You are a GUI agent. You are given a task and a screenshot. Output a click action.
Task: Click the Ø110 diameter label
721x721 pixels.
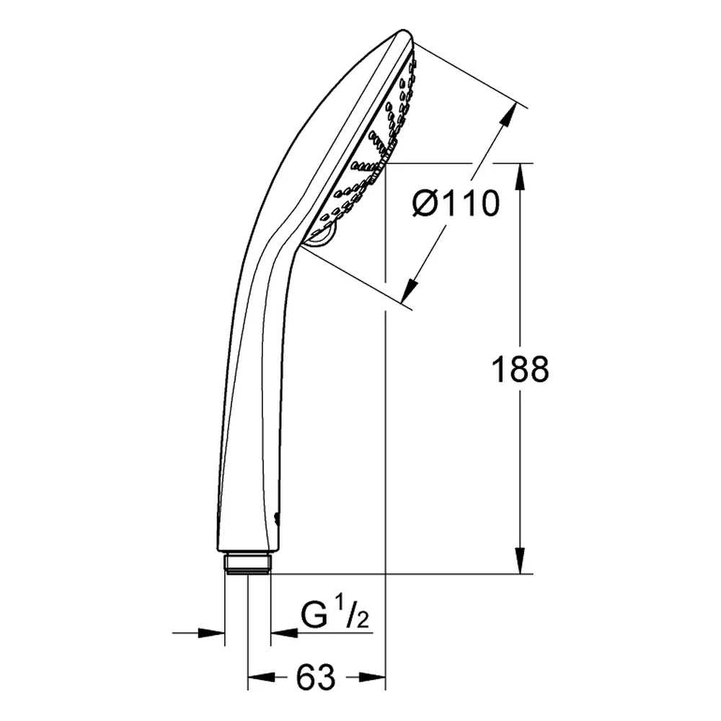click(455, 204)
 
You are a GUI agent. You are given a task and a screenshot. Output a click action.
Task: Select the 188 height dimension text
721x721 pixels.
click(520, 369)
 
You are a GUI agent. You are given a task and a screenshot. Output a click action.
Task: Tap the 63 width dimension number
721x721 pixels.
click(316, 677)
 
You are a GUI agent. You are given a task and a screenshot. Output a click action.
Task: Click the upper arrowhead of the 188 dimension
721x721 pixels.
click(520, 176)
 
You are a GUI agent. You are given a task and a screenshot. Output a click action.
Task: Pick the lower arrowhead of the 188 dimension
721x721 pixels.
click(520, 560)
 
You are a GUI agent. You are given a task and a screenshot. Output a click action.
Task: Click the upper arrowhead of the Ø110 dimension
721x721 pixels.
click(508, 115)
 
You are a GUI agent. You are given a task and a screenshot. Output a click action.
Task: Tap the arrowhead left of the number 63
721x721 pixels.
click(261, 677)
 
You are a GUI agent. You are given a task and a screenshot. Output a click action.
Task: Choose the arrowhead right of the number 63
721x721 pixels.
click(372, 677)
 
